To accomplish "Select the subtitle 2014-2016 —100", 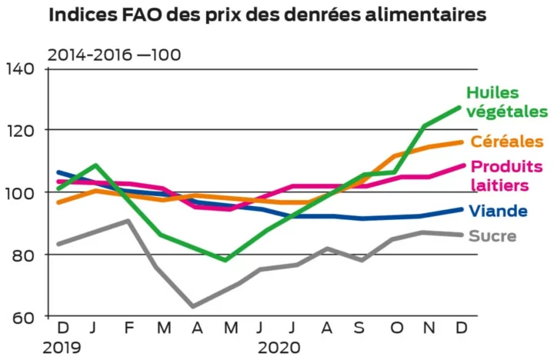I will pos(115,55).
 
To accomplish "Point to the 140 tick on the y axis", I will pos(22,69).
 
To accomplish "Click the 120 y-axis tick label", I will pos(22,131).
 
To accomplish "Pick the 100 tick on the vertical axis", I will pos(22,192).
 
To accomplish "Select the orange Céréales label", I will pos(508,142).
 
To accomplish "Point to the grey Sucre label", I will pos(492,236).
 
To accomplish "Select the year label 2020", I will pos(279,348).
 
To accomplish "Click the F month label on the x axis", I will pos(128,328).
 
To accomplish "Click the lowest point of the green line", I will pos(225,260).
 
